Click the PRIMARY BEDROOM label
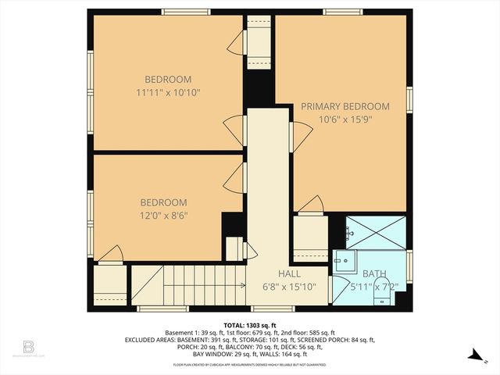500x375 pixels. (x=345, y=106)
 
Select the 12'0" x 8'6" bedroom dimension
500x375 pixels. (x=165, y=215)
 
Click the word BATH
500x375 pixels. (x=374, y=273)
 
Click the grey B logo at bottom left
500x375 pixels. (x=28, y=345)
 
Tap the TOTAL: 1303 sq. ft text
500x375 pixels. (x=250, y=324)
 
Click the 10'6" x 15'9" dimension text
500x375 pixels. (x=345, y=120)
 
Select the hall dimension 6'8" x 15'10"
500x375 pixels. (x=291, y=287)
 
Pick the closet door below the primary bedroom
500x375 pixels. (x=310, y=205)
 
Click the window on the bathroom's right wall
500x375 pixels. (x=409, y=266)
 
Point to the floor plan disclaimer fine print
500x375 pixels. (x=250, y=364)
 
